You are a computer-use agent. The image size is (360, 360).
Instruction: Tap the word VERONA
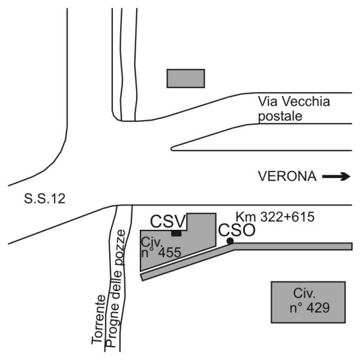point(287,176)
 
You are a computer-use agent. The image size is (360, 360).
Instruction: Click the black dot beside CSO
point(230,241)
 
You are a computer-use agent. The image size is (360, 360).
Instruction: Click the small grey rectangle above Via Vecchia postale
point(185,78)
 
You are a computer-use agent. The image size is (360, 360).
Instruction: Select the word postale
point(277,115)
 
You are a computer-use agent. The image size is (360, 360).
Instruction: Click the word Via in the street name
point(266,101)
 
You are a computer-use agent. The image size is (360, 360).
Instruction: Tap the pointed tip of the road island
point(173,148)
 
